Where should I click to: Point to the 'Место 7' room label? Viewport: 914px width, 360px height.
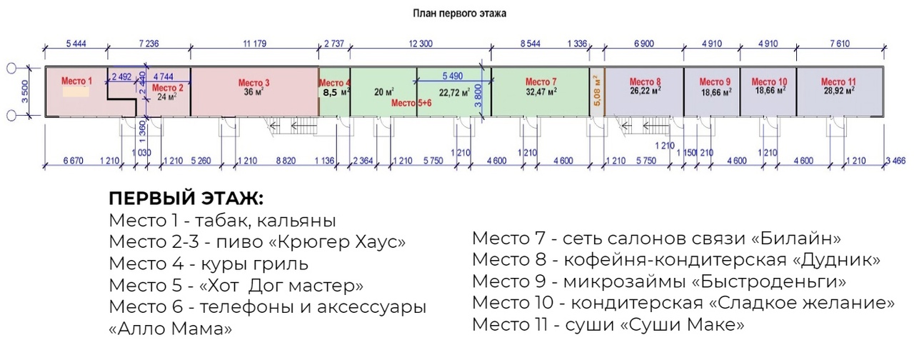[541, 81]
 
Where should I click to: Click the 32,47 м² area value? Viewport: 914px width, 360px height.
[541, 91]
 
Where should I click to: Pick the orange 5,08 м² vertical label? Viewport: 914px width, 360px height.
[597, 91]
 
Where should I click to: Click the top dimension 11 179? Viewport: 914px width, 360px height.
[254, 44]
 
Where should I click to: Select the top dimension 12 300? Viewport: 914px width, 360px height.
[421, 44]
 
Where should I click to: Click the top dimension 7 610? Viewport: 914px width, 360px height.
[839, 44]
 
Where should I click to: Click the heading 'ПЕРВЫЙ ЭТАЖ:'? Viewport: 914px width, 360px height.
[186, 199]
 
